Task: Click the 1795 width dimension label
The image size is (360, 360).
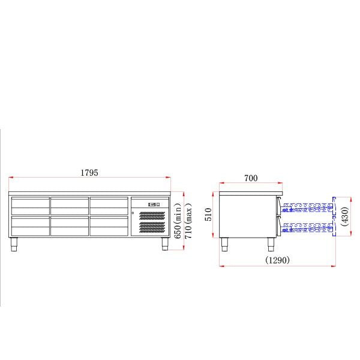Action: coord(89,173)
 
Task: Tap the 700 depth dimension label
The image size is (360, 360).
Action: coord(251,178)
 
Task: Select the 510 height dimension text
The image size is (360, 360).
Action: coord(209,215)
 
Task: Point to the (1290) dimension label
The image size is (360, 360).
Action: coord(277,260)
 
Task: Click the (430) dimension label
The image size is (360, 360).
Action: coord(346,216)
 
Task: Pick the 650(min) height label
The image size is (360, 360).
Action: coord(178,221)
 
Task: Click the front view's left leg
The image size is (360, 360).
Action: coord(14,244)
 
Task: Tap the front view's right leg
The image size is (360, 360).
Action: coord(164,244)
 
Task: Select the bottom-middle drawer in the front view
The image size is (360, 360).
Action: coord(69,225)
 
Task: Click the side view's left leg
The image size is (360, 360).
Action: coord(226,244)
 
